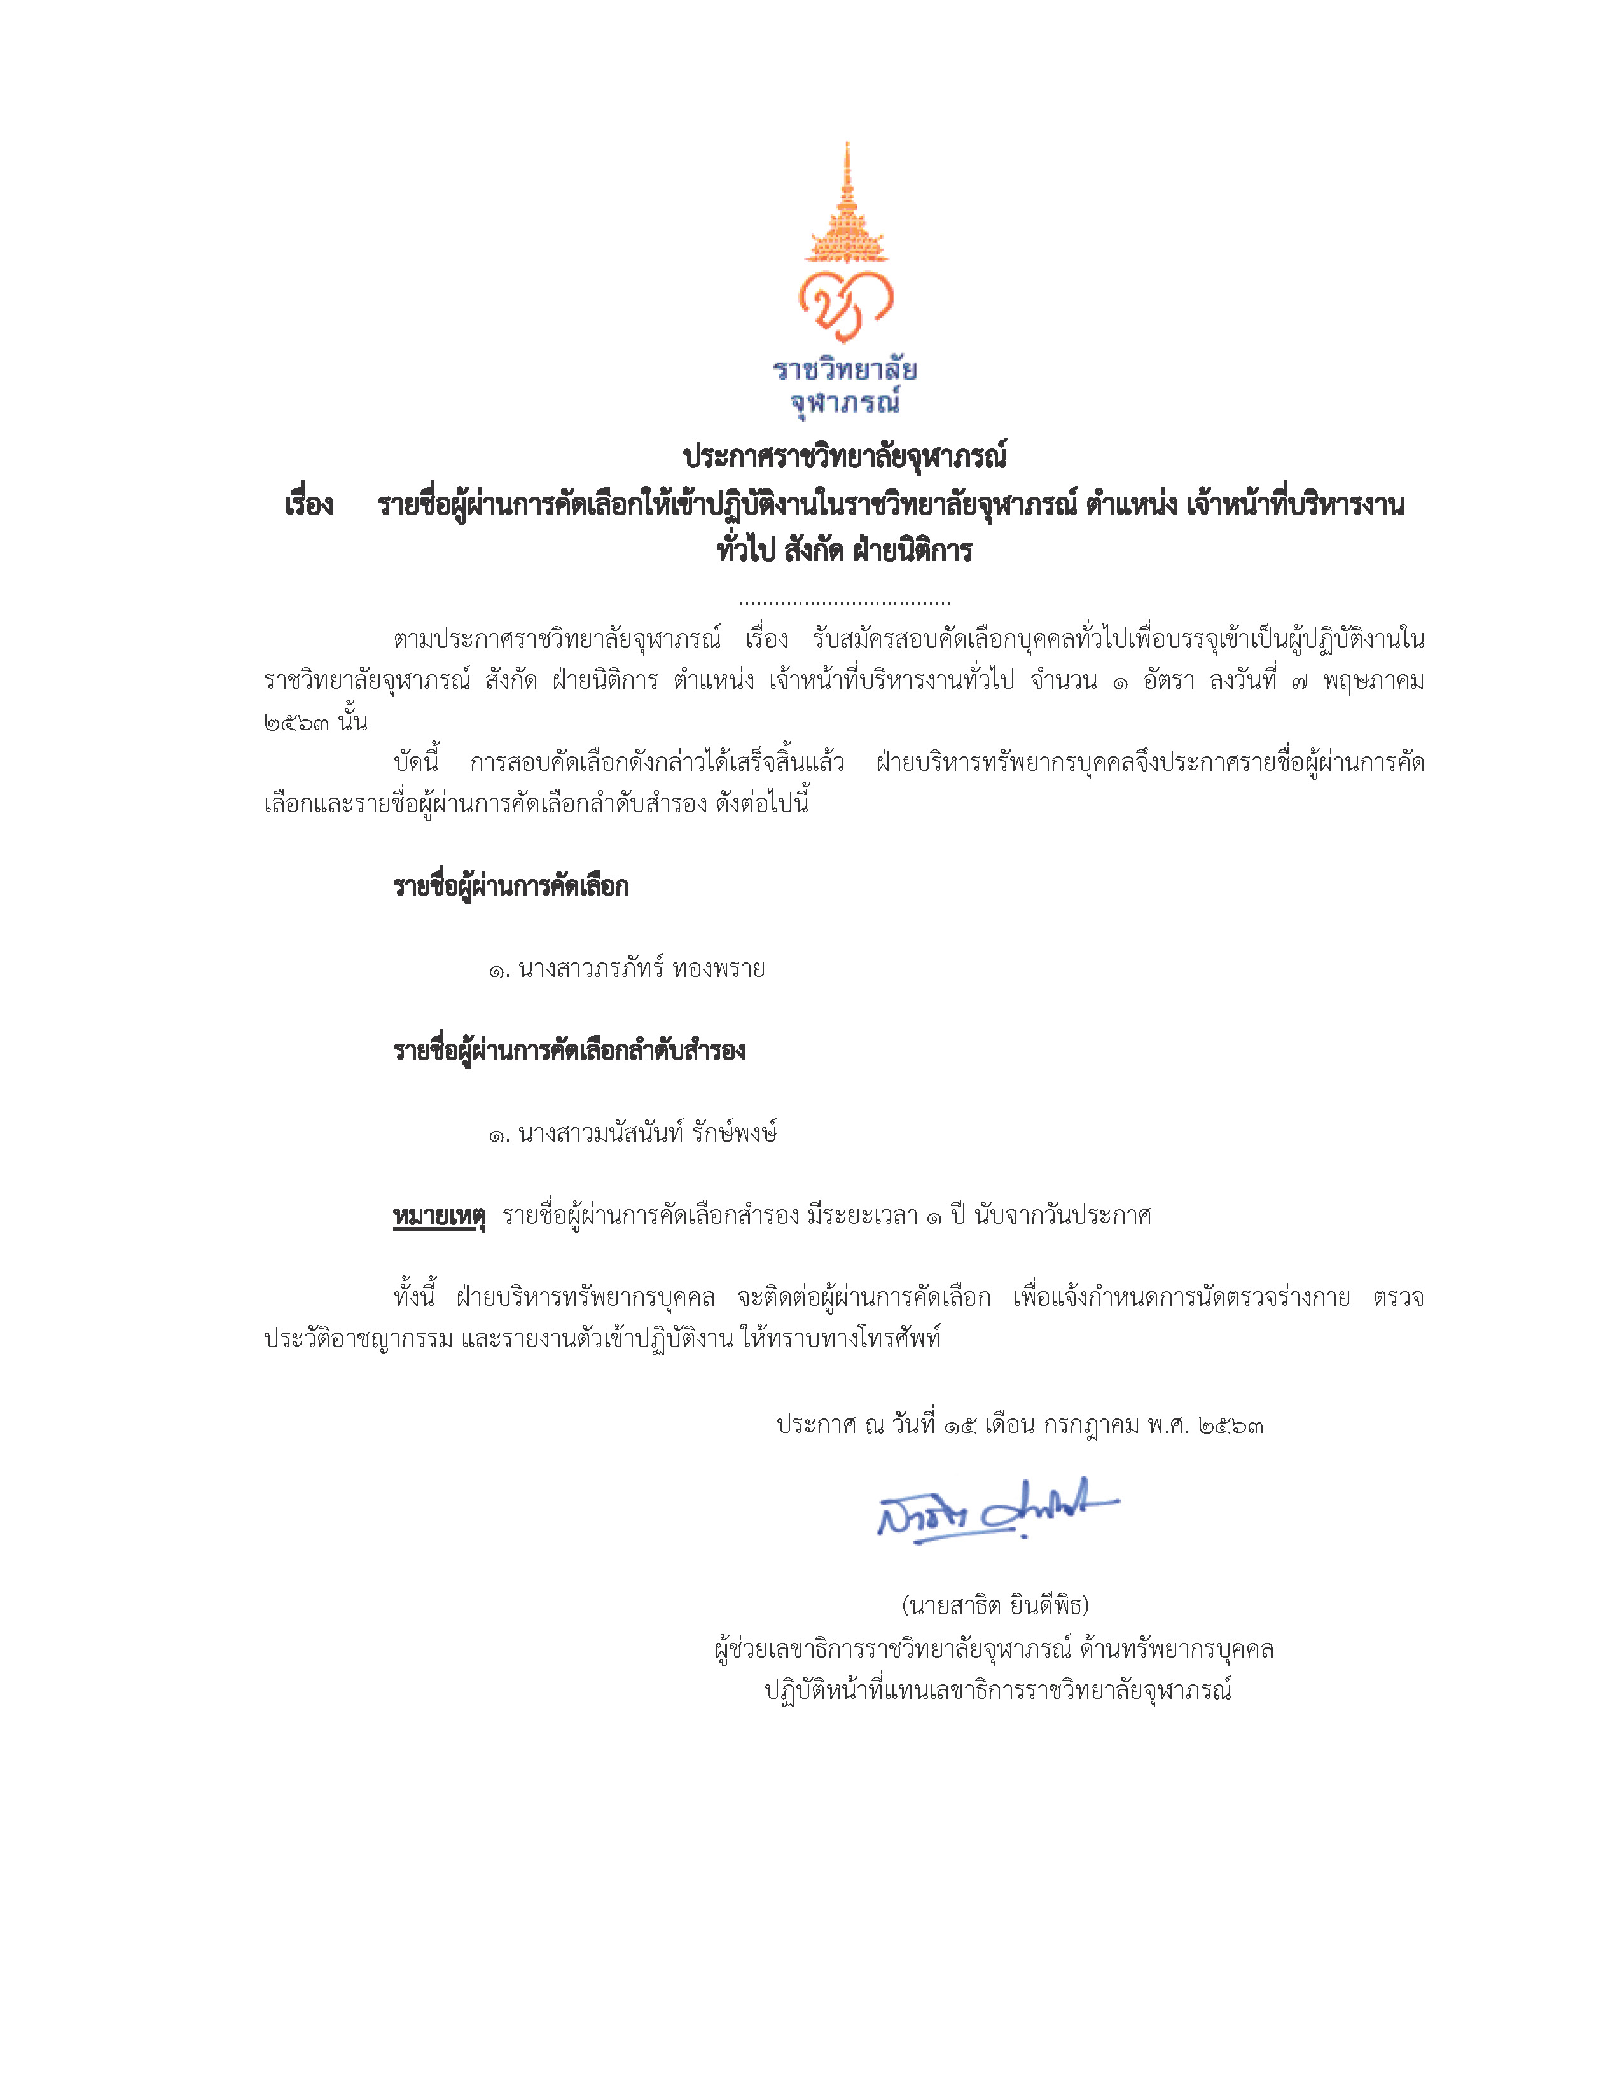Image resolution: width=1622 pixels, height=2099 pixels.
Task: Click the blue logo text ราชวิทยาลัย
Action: (845, 370)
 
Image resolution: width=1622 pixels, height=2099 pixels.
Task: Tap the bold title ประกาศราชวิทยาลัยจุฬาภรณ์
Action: (845, 455)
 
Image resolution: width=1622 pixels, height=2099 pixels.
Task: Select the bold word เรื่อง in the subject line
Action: (308, 504)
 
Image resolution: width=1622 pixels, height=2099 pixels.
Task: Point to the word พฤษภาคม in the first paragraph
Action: (1373, 681)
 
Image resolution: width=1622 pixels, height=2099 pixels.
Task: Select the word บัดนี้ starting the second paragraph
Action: (416, 762)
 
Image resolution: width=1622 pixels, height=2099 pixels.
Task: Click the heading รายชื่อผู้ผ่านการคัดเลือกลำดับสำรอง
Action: (569, 1051)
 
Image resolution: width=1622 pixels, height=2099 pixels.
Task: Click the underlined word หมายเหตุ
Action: (439, 1216)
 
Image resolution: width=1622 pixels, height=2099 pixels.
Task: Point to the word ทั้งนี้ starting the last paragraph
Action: (414, 1298)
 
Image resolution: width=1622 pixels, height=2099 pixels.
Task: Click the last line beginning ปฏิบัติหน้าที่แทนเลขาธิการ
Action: (997, 1689)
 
